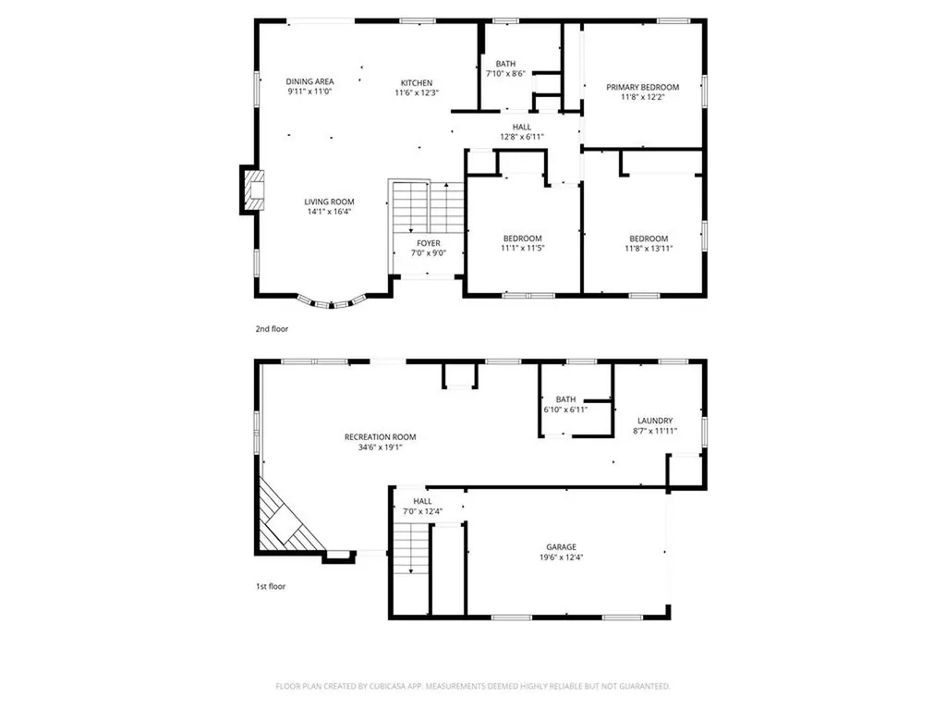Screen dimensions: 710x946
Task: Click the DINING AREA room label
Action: pos(309,81)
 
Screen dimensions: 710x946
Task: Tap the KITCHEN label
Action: pos(416,82)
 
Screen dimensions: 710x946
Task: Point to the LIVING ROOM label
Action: pos(330,202)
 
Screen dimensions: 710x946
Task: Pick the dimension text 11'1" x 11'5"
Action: pos(523,248)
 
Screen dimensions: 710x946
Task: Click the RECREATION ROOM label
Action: pos(380,437)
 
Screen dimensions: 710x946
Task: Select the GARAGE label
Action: pos(562,547)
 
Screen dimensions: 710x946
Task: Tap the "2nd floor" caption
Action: pos(272,328)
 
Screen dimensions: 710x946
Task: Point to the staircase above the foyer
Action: pos(428,207)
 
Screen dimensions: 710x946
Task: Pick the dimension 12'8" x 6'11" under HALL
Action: pos(522,137)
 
